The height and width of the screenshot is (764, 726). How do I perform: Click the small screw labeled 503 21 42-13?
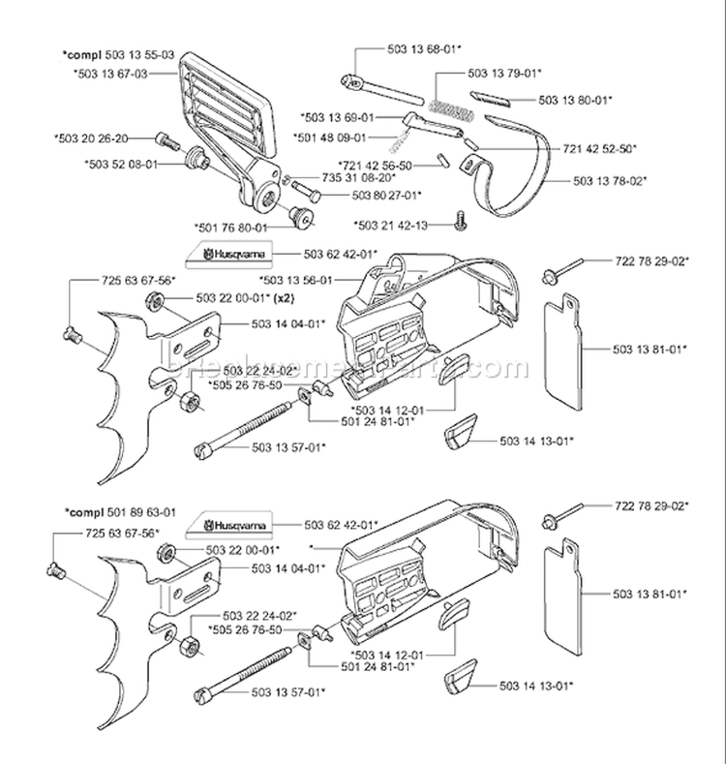coord(460,224)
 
